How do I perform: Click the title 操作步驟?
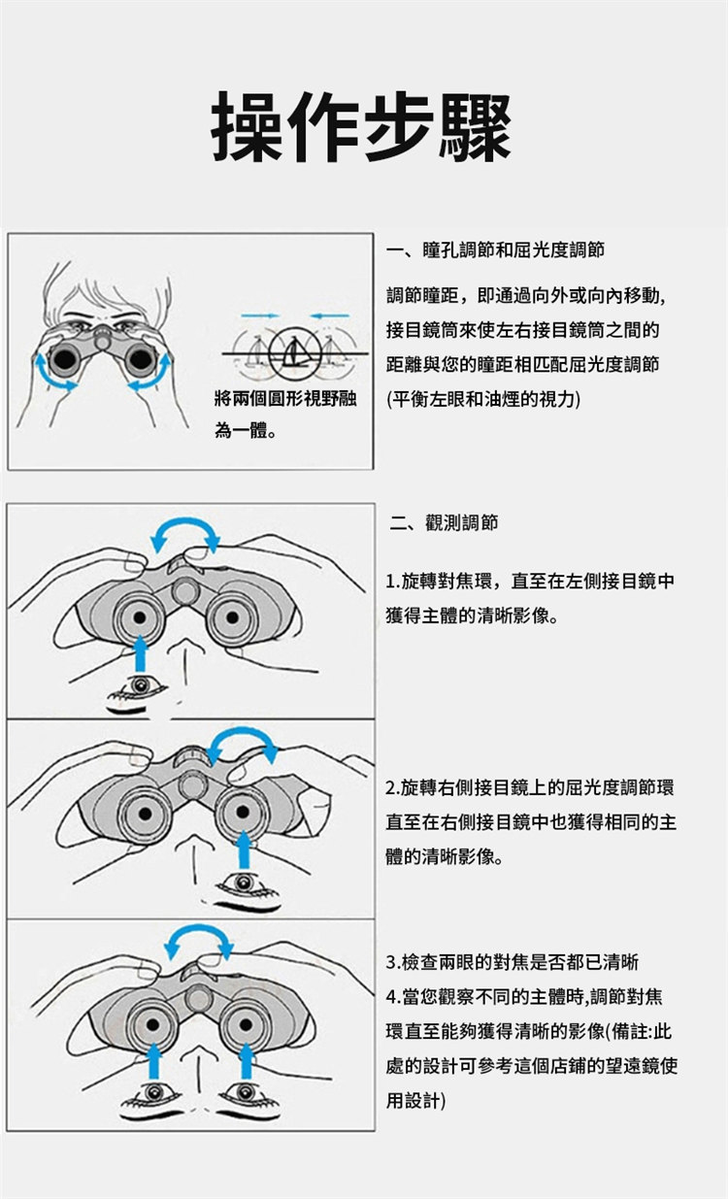click(x=362, y=127)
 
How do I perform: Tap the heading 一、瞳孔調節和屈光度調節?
click(x=496, y=250)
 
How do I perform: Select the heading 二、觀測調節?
click(x=444, y=522)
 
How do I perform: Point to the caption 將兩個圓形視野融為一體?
click(x=285, y=415)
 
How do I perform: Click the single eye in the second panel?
click(x=140, y=685)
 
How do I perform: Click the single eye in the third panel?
click(x=245, y=883)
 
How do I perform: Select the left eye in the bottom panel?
click(x=154, y=1092)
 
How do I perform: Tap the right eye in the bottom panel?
click(x=246, y=1092)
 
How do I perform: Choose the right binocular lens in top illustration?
click(x=140, y=358)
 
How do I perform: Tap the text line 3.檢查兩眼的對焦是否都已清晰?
click(x=513, y=962)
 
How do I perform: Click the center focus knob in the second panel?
click(x=185, y=591)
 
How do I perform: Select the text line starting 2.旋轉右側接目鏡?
click(x=530, y=787)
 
